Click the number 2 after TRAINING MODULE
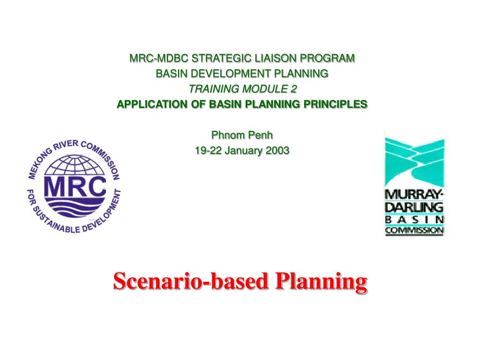[x=293, y=89]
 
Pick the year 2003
[x=277, y=150]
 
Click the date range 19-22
[x=208, y=150]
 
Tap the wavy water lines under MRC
[x=75, y=207]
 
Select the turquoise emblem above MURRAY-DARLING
[x=414, y=162]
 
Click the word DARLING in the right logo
[x=414, y=207]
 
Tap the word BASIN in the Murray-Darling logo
[x=414, y=220]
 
